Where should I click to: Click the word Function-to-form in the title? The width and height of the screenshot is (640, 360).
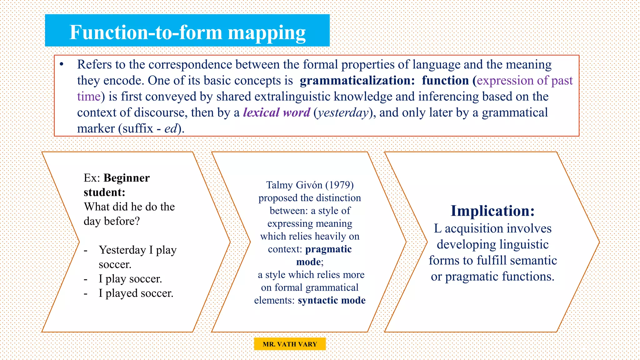[145, 32]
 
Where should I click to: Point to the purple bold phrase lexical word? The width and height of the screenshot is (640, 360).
[277, 112]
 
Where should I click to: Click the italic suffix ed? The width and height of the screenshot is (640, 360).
[171, 129]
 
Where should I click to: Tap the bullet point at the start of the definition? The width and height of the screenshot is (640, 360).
[62, 64]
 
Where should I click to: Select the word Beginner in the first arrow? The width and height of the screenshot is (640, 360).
[127, 178]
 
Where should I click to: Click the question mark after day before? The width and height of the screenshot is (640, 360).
[137, 221]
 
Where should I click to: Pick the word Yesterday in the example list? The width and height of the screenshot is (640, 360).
[122, 250]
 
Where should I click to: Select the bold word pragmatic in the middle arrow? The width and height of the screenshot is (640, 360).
[328, 249]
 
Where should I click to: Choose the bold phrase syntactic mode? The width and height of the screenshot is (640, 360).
[332, 300]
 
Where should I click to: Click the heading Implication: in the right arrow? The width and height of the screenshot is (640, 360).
[492, 211]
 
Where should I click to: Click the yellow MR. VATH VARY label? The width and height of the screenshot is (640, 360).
[290, 344]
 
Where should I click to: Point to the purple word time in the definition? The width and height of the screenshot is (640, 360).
[89, 97]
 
